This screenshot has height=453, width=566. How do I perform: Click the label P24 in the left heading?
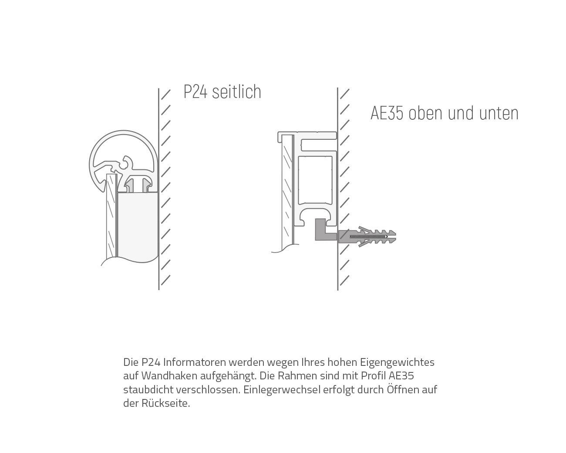[195, 92]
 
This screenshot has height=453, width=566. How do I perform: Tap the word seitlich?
[237, 91]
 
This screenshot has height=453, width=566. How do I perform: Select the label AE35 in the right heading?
[387, 113]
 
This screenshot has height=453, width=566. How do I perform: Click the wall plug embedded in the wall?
[367, 237]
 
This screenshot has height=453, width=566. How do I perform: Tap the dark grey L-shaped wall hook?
[325, 230]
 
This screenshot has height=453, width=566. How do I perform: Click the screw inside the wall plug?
[368, 237]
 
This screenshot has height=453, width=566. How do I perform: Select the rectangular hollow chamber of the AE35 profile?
[315, 180]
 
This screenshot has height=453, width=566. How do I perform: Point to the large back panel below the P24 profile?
[138, 226]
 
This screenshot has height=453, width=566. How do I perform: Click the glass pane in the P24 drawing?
[111, 216]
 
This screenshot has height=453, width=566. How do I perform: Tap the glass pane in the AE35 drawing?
[287, 192]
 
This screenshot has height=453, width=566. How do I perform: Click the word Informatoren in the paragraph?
[195, 362]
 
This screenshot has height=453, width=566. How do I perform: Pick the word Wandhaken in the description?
[169, 376]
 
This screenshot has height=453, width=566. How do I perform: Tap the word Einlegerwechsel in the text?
[282, 390]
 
